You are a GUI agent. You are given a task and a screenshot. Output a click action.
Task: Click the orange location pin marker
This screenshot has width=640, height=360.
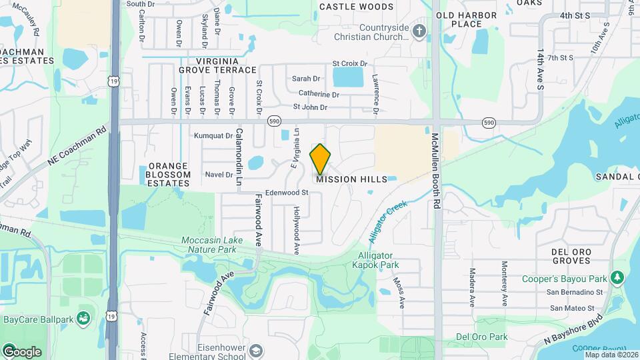321,159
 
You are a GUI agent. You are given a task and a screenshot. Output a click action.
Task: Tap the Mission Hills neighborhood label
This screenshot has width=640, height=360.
351,180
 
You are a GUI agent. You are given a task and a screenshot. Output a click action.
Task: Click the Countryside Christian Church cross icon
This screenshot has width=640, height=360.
419,31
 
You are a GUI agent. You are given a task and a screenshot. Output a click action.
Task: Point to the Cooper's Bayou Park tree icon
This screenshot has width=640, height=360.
617,277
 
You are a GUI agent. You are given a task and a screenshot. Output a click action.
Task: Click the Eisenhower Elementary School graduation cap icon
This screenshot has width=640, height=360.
255,351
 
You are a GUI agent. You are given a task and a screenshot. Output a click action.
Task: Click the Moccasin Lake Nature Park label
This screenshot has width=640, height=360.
209,244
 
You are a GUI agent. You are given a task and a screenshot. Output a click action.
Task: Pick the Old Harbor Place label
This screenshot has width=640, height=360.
467,19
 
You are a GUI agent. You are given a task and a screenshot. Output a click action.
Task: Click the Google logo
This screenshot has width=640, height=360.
21,352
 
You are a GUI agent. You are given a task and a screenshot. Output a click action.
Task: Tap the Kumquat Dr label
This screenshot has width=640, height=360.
212,135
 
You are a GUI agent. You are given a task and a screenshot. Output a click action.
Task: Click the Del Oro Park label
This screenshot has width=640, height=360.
476,337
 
